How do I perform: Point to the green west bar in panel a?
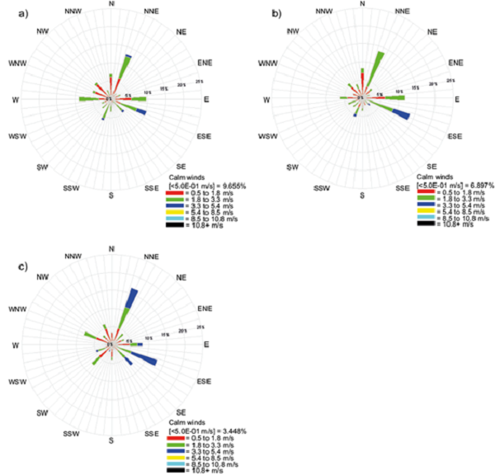click(87, 99)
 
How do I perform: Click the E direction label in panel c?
click(206, 344)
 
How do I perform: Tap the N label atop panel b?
click(362, 4)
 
